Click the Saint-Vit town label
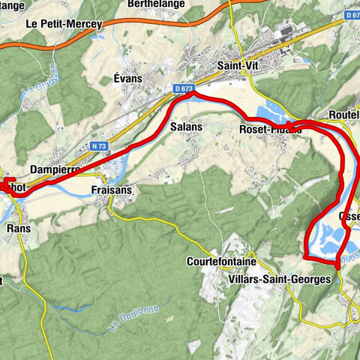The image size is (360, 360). click(238, 65)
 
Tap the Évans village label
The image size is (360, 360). click(128, 77)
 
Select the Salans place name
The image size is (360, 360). click(187, 127)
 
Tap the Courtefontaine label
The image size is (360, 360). click(221, 262)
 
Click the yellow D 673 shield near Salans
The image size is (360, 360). click(183, 89)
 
